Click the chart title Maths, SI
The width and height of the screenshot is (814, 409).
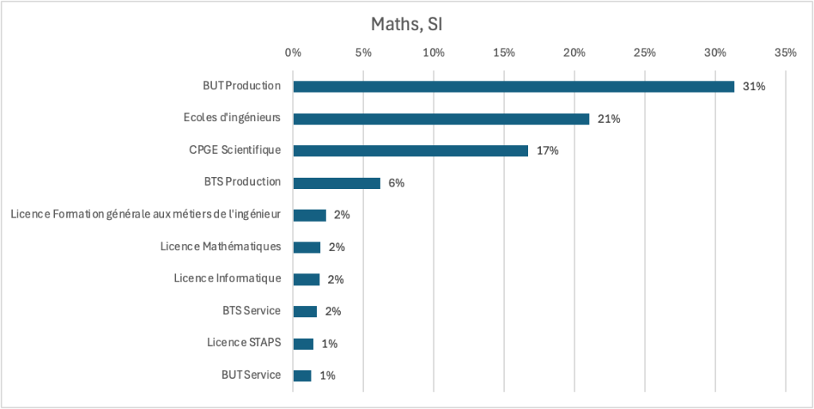(406, 25)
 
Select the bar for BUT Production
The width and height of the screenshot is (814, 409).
(514, 86)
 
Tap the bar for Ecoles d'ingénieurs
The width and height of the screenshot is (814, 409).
(441, 119)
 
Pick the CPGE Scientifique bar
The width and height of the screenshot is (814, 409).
(410, 151)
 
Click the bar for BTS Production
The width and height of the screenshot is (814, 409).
(337, 183)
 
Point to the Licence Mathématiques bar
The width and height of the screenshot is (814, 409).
(307, 247)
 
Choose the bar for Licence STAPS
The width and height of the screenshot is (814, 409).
(303, 344)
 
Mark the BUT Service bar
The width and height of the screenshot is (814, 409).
(303, 376)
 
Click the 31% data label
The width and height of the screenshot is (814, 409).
(753, 86)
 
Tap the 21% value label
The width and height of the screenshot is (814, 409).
(609, 119)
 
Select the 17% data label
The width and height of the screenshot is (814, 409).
(547, 151)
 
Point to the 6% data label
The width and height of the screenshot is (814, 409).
(397, 183)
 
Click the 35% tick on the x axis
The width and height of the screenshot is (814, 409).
(785, 53)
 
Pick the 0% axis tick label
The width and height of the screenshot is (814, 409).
(293, 53)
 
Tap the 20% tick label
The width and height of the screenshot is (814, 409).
(574, 53)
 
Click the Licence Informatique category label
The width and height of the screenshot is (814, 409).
(228, 278)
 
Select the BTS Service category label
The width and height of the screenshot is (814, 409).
(252, 310)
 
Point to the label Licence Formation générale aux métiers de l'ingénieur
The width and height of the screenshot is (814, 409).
(147, 214)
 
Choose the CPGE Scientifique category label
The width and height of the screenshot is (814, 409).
(235, 150)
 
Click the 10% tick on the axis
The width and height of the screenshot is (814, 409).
(433, 53)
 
